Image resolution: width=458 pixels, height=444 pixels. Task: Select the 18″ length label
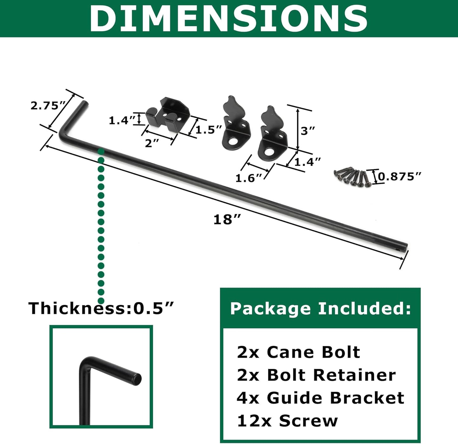[227, 219]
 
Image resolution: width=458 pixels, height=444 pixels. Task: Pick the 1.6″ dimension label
[249, 178]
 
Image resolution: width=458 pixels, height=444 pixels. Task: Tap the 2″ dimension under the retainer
[152, 143]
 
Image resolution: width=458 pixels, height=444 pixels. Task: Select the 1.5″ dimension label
[209, 129]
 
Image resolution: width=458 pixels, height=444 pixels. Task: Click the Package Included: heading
[320, 308]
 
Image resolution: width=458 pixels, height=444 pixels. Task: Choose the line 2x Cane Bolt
[298, 352]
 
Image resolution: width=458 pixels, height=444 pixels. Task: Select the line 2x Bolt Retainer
[316, 375]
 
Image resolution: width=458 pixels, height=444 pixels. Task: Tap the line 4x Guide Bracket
[320, 398]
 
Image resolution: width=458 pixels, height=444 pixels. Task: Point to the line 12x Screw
[287, 421]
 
